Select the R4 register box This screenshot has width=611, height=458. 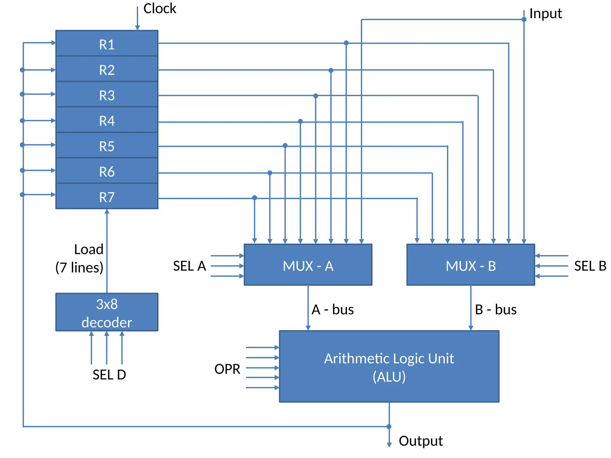click(107, 120)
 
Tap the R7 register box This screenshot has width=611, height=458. click(107, 196)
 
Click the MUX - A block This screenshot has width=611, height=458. click(308, 265)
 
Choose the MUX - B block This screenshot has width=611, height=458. click(470, 265)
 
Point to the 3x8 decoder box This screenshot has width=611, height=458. click(107, 312)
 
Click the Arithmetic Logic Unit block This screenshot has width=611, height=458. click(389, 366)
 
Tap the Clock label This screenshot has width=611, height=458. click(160, 8)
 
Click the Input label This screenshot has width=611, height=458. click(545, 14)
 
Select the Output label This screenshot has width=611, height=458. click(421, 441)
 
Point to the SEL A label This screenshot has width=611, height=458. click(189, 266)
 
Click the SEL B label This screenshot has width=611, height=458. click(590, 266)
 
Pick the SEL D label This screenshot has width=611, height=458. click(109, 375)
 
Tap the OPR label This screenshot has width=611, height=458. click(227, 369)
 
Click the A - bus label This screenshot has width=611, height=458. click(332, 310)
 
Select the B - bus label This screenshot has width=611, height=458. click(496, 310)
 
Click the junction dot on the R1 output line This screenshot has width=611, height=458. click(346, 43)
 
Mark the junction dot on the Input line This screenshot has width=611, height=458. click(524, 20)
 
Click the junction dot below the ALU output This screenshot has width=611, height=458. click(389, 427)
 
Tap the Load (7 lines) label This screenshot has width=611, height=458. click(80, 258)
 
